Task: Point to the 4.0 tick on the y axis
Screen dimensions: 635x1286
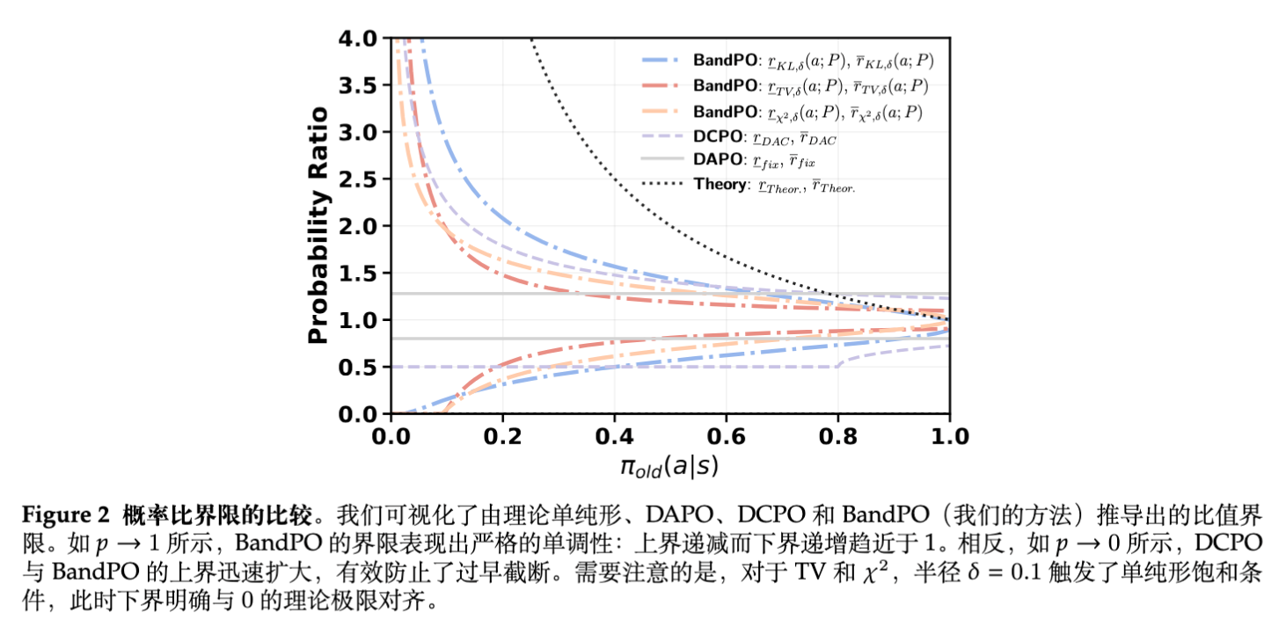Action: click(361, 39)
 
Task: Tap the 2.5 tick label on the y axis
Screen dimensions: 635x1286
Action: click(361, 179)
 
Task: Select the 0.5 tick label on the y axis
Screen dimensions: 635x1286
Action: click(361, 367)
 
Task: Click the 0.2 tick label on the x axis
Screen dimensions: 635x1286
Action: click(502, 436)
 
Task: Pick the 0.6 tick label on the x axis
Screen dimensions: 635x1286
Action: click(726, 436)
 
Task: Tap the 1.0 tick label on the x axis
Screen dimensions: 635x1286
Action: click(948, 436)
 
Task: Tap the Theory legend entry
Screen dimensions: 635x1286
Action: click(774, 185)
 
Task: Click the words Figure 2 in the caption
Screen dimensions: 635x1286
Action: click(60, 513)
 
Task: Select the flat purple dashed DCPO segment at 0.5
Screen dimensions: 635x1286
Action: click(616, 367)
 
